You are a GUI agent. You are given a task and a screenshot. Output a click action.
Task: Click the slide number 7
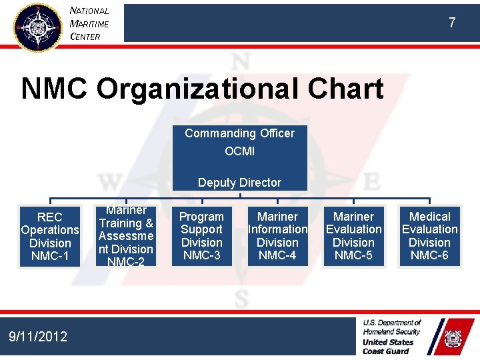[452, 23]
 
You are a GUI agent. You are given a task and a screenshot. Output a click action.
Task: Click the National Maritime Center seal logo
[37, 27]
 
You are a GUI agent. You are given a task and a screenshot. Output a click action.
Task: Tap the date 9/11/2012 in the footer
[38, 337]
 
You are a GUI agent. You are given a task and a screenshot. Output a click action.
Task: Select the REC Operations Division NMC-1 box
[50, 237]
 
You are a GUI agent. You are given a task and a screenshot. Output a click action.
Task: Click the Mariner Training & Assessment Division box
[126, 236]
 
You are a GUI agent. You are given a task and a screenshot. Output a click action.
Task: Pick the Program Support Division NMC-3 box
[202, 236]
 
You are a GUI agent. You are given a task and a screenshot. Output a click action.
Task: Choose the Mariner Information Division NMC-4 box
[277, 236]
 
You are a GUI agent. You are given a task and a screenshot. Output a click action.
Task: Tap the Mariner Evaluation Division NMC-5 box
[353, 236]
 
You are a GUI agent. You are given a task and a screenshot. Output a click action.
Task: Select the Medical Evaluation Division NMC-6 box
[429, 236]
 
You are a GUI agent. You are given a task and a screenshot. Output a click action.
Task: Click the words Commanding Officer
[239, 133]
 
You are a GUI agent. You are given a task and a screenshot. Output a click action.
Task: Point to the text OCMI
[239, 151]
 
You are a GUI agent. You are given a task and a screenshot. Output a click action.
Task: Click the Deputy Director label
[239, 183]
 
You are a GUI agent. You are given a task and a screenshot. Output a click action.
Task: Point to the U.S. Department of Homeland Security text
[392, 327]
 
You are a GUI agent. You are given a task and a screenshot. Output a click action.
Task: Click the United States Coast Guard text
[388, 347]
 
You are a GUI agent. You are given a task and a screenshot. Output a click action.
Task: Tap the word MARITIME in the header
[89, 24]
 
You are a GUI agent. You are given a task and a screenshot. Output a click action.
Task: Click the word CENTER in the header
[85, 37]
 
